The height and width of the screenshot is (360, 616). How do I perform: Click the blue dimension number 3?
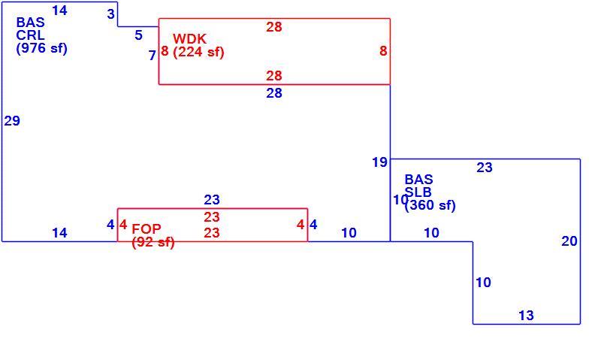[110, 14]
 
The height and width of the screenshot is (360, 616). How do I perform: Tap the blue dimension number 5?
[138, 35]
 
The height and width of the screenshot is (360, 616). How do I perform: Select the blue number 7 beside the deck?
[152, 56]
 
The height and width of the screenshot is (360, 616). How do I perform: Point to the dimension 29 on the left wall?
[12, 121]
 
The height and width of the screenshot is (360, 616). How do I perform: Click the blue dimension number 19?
[379, 162]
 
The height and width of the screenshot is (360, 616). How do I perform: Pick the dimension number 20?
[569, 241]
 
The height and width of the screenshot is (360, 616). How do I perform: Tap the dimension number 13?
[526, 316]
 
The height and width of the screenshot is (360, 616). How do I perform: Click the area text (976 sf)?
[41, 48]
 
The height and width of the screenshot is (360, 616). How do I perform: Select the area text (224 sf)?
[198, 52]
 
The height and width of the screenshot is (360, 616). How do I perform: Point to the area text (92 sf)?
[153, 242]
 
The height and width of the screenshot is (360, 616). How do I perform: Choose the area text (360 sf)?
[430, 205]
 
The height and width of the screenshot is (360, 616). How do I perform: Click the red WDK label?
[190, 39]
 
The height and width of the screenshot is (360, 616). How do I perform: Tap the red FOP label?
[146, 228]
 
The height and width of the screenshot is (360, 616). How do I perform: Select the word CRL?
[30, 35]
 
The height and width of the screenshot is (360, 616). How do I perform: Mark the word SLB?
[418, 192]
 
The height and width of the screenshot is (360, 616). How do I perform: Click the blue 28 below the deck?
[274, 93]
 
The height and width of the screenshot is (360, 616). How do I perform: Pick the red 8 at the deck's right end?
[383, 51]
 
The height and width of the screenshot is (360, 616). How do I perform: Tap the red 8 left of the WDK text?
[165, 51]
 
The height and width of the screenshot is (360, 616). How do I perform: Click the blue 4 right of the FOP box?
[313, 225]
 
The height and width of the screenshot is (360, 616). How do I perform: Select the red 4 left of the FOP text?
[123, 225]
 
